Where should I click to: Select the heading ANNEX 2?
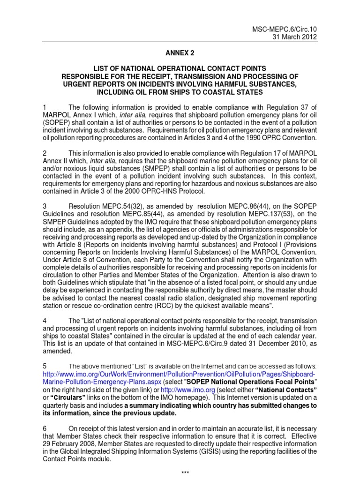click(180, 54)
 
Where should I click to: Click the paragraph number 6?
click(45, 429)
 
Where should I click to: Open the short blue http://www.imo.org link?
click(181, 390)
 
